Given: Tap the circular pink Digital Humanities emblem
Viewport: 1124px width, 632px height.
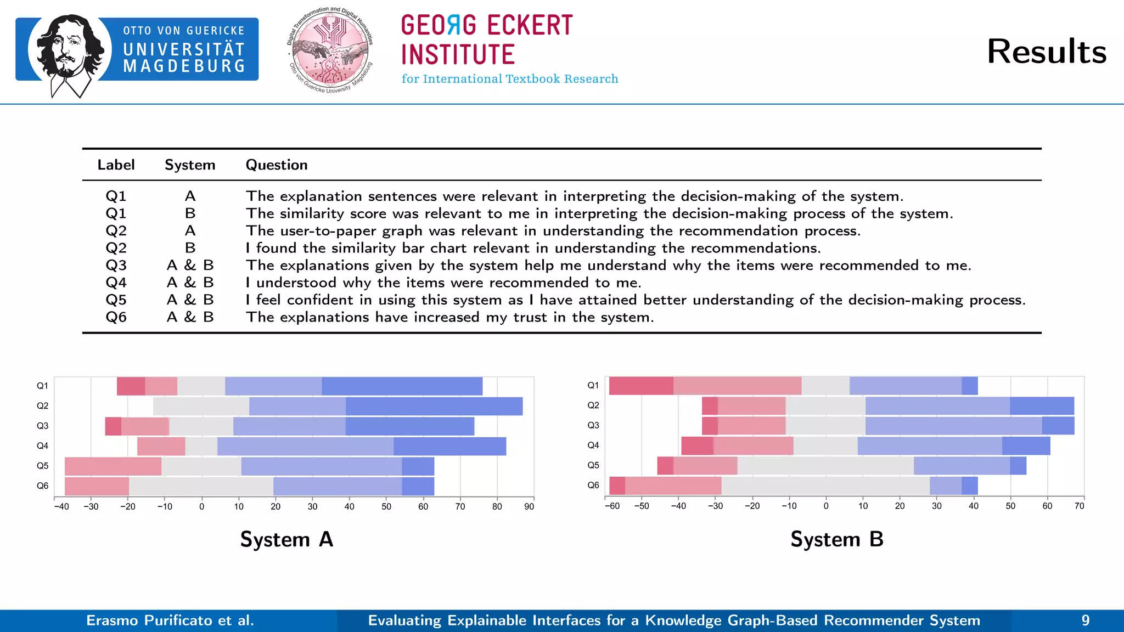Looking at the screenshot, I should [x=330, y=51].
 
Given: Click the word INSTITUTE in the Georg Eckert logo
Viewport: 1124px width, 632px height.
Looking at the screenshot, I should [x=458, y=55].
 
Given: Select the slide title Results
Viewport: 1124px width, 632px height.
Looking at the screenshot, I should [x=1046, y=52].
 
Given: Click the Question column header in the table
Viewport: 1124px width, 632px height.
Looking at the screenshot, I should [x=277, y=165].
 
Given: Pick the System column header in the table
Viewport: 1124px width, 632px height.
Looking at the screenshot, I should [x=190, y=165].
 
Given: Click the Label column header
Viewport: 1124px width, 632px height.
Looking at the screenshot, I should [x=116, y=165].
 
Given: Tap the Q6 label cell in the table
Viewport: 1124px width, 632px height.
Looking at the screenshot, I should [x=116, y=317].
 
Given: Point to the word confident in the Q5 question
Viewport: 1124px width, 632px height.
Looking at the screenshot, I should [x=320, y=300].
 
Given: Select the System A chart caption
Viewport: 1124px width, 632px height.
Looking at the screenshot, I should [x=286, y=539].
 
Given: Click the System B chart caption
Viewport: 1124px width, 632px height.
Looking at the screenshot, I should [x=837, y=539].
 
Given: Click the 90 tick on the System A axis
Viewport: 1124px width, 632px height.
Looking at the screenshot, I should [x=529, y=506].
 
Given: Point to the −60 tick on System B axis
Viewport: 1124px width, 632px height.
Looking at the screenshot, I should [x=612, y=506].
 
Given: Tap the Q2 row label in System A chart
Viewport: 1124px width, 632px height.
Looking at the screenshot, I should [x=42, y=406].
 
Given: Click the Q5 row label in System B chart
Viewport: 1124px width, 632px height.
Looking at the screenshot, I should [x=593, y=465].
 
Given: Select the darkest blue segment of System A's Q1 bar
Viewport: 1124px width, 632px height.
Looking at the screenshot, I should [x=402, y=386].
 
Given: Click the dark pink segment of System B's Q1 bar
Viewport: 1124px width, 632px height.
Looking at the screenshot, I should [x=641, y=386].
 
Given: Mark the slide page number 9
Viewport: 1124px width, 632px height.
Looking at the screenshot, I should [x=1085, y=620].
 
